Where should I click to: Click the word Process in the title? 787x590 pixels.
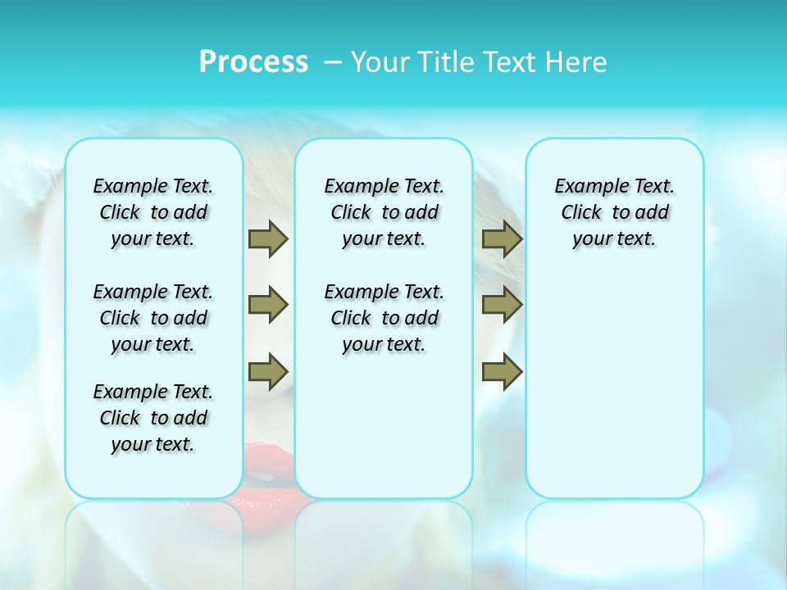(x=253, y=62)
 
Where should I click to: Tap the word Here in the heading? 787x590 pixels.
(x=577, y=62)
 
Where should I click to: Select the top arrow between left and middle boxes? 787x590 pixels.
(x=268, y=238)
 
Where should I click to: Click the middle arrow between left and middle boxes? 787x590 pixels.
(x=268, y=305)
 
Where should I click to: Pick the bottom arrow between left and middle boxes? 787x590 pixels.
(x=268, y=371)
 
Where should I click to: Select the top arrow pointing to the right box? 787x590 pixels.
(x=502, y=238)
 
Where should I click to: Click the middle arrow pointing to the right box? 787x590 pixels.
(x=502, y=305)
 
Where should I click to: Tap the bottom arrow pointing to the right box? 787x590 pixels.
(x=502, y=371)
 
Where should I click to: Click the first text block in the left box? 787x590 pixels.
(x=153, y=212)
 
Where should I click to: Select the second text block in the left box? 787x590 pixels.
(x=153, y=318)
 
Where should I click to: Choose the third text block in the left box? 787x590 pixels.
(x=153, y=418)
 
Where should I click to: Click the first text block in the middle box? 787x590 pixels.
(x=384, y=212)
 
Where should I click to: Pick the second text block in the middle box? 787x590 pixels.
(x=384, y=318)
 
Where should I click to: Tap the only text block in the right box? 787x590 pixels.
(x=614, y=212)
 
